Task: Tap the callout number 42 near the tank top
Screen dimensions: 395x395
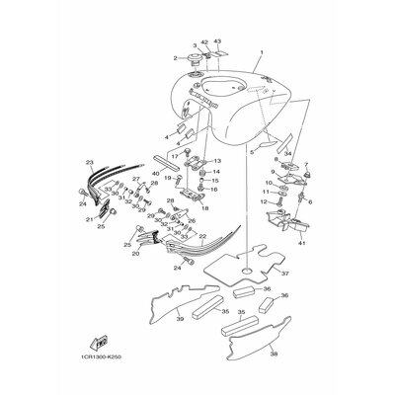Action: [x=204, y=42]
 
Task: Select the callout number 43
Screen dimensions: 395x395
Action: [x=218, y=42]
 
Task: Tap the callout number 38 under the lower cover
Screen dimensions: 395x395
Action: [x=274, y=353]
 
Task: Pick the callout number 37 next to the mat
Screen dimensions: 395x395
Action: [x=284, y=274]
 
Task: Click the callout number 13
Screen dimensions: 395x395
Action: [x=217, y=161]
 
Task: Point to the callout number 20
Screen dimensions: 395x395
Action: [x=134, y=254]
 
